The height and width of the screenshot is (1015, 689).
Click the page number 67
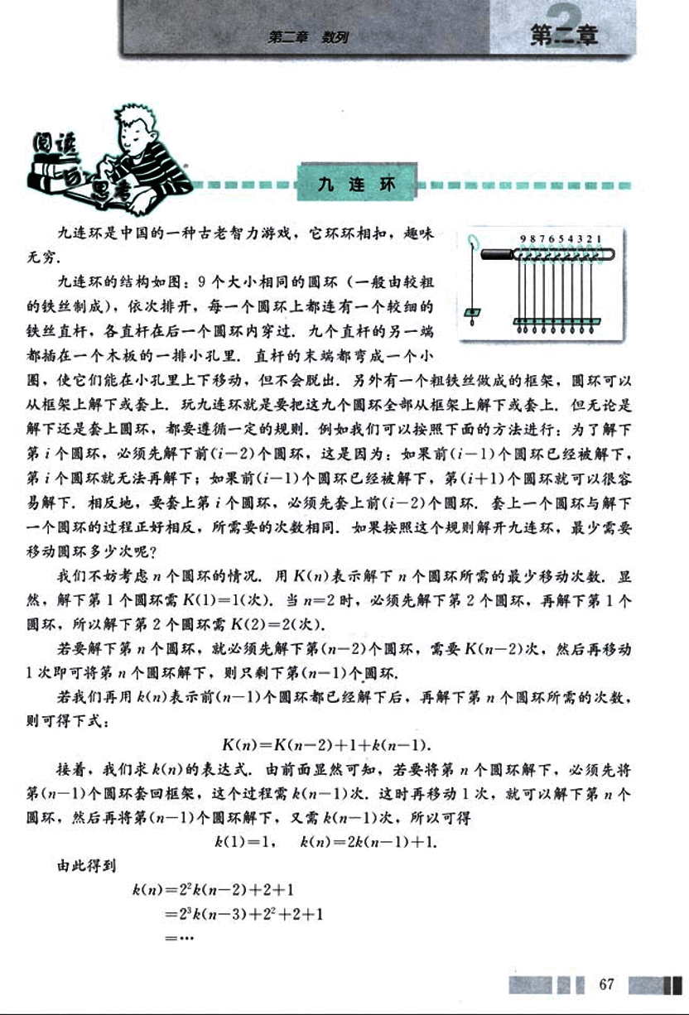click(607, 984)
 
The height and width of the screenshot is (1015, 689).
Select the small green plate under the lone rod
click(473, 311)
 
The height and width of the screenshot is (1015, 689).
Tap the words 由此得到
click(87, 867)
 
